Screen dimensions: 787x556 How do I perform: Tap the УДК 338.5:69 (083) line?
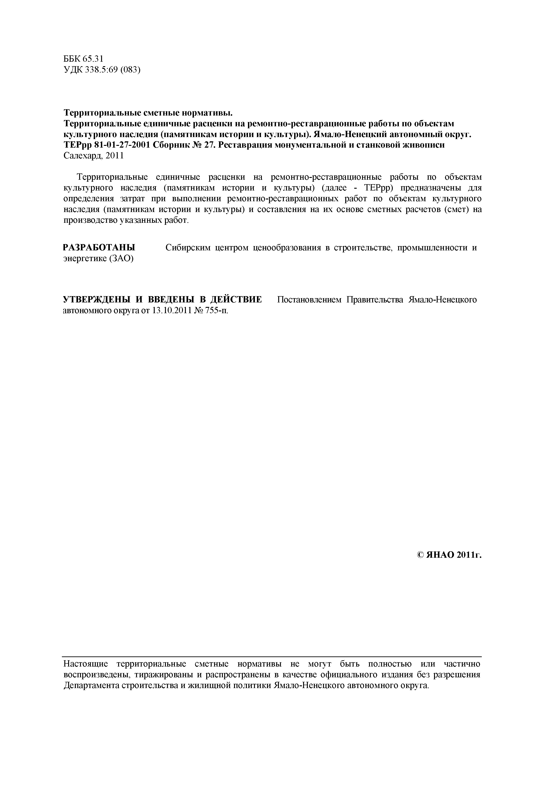(102, 70)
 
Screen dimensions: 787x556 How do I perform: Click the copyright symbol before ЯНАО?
(421, 555)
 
